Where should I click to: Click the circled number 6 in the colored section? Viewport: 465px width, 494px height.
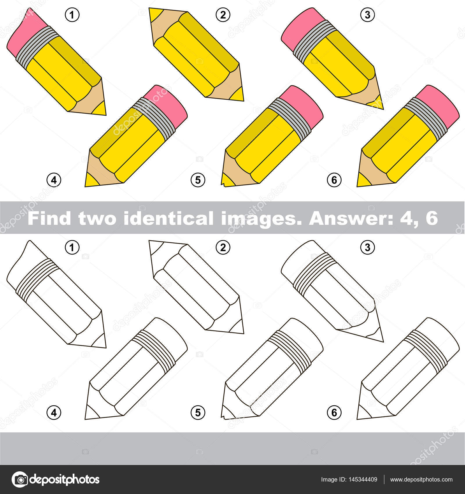[334, 180]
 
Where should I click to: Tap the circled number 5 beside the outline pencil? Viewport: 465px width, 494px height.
[198, 412]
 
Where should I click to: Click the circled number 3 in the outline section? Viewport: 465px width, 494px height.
[368, 247]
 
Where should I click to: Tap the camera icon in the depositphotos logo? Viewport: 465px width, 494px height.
[20, 479]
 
